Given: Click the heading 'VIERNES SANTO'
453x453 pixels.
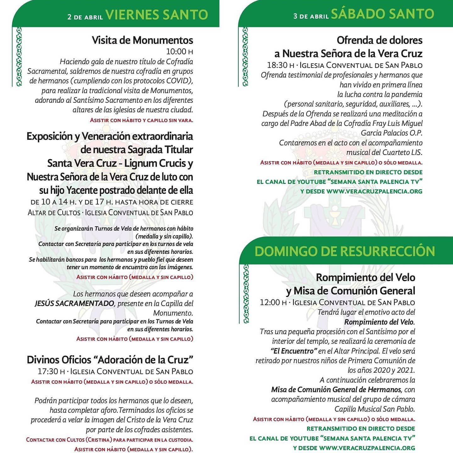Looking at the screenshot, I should click(157, 15).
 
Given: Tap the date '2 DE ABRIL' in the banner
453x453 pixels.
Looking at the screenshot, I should click(85, 17).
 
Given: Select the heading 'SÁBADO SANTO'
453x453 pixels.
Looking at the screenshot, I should click(383, 14).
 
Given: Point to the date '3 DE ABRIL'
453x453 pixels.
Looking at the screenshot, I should click(311, 16).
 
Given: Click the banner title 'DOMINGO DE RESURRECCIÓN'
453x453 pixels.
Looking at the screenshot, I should click(344, 251).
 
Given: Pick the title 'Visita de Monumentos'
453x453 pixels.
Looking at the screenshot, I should click(142, 40).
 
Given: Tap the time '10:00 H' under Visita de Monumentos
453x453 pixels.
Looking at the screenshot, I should click(179, 52).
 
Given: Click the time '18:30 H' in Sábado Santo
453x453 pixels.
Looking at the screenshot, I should click(280, 65).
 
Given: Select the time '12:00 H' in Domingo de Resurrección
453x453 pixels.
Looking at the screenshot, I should click(273, 303).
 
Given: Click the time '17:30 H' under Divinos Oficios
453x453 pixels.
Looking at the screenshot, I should click(51, 372).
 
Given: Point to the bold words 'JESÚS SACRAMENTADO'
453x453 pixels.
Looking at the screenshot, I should click(74, 304).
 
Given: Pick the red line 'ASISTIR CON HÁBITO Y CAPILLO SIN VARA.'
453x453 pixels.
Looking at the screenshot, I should click(141, 120).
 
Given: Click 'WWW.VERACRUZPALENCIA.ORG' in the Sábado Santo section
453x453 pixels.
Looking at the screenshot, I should click(374, 191).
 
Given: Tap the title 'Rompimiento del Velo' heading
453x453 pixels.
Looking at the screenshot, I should click(365, 277).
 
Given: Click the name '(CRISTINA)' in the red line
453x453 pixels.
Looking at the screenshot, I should click(98, 440).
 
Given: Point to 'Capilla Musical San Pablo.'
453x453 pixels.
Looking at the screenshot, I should click(374, 409).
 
